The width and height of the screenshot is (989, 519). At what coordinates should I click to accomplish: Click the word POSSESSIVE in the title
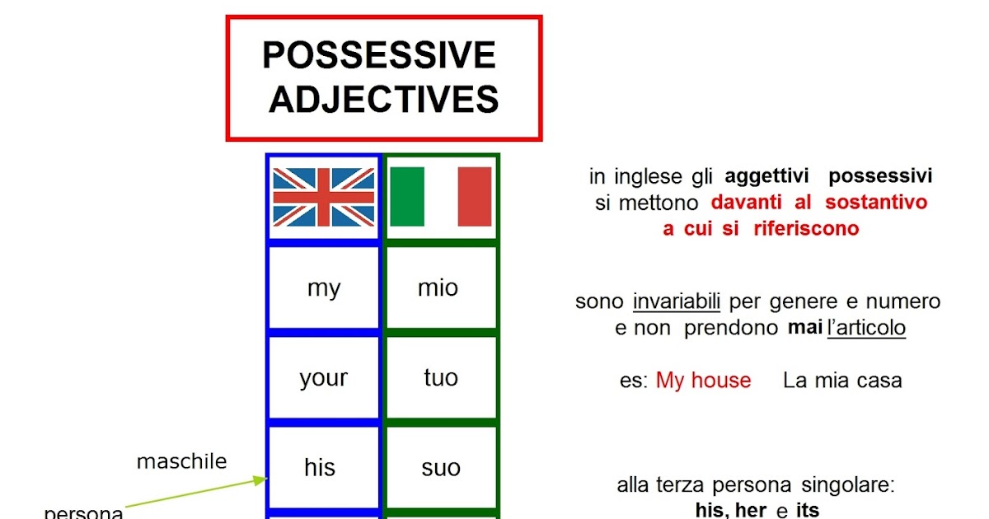[x=379, y=54]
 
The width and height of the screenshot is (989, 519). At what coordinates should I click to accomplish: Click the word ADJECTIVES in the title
[x=384, y=99]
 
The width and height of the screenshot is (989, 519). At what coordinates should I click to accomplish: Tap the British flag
[x=324, y=197]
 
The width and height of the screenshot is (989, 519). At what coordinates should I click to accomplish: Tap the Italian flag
[x=441, y=197]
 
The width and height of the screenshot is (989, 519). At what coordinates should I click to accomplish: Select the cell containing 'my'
[x=324, y=288]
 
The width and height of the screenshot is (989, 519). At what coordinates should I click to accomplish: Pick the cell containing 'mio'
[x=441, y=288]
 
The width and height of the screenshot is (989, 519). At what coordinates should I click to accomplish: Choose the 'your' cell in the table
[x=324, y=378]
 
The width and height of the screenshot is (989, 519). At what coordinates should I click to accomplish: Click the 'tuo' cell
[x=441, y=378]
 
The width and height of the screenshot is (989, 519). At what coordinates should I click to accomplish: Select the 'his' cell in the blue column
[x=324, y=467]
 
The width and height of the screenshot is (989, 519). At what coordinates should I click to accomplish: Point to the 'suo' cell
[x=441, y=467]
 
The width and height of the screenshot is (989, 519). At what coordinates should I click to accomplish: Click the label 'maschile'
[x=182, y=461]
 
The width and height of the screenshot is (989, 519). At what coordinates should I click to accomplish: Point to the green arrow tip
[x=267, y=479]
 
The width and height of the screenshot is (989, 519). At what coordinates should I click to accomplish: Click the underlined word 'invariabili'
[x=677, y=302]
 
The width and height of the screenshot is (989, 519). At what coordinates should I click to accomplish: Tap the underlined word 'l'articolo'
[x=867, y=328]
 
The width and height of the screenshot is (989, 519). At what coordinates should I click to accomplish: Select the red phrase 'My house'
[x=703, y=381]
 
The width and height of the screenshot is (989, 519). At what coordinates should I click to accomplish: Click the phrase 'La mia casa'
[x=842, y=381]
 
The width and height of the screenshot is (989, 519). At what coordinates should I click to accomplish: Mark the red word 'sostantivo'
[x=876, y=203]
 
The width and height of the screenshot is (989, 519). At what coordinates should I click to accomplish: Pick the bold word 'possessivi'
[x=880, y=176]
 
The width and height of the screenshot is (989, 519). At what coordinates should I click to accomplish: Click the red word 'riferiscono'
[x=806, y=229]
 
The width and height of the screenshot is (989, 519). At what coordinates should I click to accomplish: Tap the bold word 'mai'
[x=805, y=328]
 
